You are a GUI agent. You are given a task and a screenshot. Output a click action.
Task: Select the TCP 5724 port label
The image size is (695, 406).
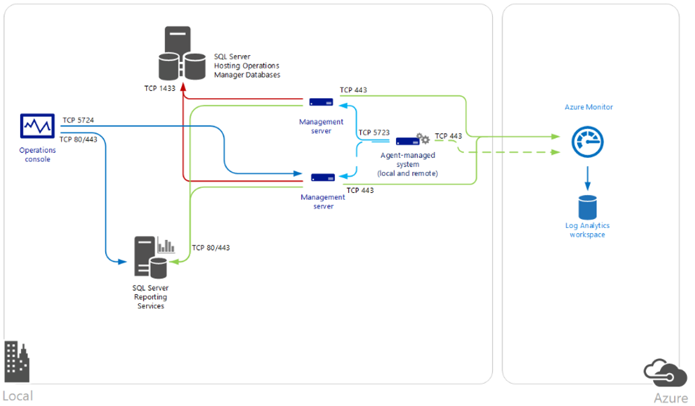click(78, 120)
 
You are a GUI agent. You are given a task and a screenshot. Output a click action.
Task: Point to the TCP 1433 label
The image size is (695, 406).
click(159, 88)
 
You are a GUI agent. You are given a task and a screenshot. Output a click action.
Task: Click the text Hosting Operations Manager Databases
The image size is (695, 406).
click(246, 70)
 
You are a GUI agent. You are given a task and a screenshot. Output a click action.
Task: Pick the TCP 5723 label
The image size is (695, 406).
click(374, 132)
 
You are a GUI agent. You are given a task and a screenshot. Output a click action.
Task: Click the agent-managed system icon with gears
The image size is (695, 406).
click(412, 140)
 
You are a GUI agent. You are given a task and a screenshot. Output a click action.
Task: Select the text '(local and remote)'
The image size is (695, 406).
click(408, 173)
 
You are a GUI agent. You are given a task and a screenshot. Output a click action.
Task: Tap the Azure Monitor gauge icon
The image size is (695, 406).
click(588, 142)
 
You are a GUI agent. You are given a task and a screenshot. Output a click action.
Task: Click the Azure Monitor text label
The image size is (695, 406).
click(589, 107)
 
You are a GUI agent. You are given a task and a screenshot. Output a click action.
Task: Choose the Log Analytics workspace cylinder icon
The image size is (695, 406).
click(587, 206)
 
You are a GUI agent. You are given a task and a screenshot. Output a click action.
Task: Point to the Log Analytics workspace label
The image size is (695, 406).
click(587, 230)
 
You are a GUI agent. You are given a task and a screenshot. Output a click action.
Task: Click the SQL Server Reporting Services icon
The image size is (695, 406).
click(152, 256)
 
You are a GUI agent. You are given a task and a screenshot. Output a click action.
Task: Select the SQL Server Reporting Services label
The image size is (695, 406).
click(149, 296)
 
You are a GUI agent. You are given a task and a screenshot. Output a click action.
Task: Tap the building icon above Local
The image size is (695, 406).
click(18, 362)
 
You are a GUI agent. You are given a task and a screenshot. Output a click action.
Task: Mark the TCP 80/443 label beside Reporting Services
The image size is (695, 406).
click(211, 247)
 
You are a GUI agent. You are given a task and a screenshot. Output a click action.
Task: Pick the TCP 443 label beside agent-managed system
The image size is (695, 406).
click(449, 136)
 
